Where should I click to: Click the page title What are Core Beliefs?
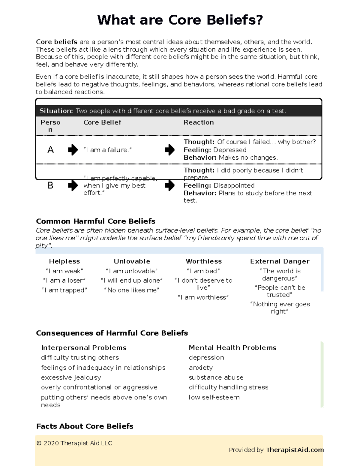[x=180, y=20]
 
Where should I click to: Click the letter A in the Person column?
[x=50, y=150]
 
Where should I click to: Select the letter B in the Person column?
[x=50, y=185]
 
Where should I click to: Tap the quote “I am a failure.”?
[x=107, y=150]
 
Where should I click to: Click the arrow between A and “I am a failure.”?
[x=73, y=149]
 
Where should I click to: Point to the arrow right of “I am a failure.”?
[x=170, y=149]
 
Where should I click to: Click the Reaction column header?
[x=199, y=122]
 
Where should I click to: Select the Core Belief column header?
[x=102, y=122]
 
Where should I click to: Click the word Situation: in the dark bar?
[x=56, y=111]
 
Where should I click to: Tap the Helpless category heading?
[x=64, y=261]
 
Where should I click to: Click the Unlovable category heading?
[x=132, y=261]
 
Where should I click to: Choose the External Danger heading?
[x=280, y=261]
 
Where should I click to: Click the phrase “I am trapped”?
[x=64, y=290]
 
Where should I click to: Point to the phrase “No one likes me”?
[x=131, y=290]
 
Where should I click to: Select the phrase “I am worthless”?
[x=203, y=297]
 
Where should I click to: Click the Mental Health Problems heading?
[x=232, y=348]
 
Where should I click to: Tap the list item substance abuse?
[x=216, y=377]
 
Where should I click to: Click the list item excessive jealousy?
[x=71, y=377]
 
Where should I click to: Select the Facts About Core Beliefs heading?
[x=85, y=426]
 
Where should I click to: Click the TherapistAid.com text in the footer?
[x=295, y=450]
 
